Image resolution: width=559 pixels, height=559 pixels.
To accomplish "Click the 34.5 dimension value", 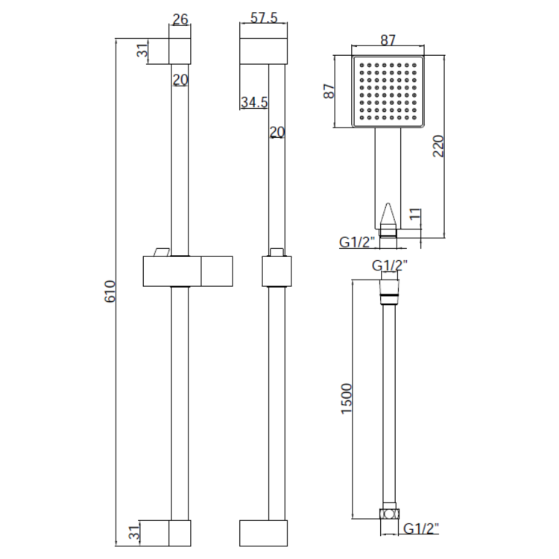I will pos(253,103).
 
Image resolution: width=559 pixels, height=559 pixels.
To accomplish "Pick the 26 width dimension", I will pos(179,20).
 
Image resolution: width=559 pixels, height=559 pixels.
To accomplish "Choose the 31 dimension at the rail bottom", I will pos(134,532).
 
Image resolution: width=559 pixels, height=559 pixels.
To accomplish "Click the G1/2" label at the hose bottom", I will pos(421,528).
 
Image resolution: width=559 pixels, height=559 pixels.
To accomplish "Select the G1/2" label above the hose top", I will pos(390,265).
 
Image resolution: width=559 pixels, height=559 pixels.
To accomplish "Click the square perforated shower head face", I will pos(388,91).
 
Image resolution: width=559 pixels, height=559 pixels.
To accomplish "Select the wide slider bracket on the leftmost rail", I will pos(186,271).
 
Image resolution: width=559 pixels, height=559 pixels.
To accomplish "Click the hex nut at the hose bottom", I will pos(388,514).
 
